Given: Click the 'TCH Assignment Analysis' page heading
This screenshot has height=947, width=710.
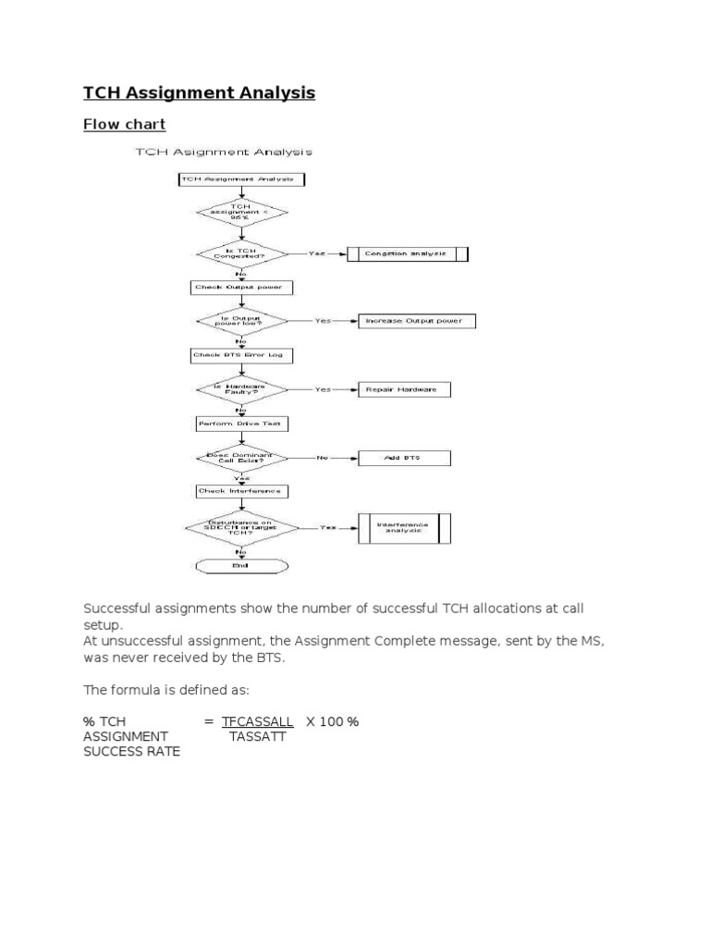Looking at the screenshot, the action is (x=200, y=92).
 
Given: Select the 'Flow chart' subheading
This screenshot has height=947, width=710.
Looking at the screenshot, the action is (x=125, y=124).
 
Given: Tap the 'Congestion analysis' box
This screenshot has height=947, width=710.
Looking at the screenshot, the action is (x=408, y=253).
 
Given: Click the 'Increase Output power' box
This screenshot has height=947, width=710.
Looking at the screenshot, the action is (x=407, y=321).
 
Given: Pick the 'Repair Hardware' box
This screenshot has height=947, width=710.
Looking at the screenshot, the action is (x=405, y=389).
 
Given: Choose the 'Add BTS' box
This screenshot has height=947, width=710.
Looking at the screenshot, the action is (x=403, y=458).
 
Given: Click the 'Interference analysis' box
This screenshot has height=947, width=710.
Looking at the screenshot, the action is (x=403, y=527).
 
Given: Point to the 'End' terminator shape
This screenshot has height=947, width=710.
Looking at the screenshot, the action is (x=241, y=566).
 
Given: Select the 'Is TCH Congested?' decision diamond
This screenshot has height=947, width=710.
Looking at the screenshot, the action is (x=241, y=253).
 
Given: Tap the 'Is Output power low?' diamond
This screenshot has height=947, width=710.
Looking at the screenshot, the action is (x=241, y=321).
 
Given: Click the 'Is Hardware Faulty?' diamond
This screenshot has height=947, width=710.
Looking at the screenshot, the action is (x=241, y=389).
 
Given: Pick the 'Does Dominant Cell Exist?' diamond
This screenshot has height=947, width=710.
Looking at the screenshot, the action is (x=241, y=458).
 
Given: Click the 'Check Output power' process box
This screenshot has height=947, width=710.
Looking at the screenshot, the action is (x=241, y=288).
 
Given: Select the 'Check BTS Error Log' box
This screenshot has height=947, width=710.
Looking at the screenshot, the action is (x=241, y=355).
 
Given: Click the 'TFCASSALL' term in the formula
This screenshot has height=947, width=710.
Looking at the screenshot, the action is (x=258, y=721).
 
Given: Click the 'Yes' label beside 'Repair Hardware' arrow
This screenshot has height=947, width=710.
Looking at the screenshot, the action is (x=322, y=389).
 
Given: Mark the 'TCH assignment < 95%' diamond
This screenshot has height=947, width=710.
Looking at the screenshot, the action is (x=241, y=213).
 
